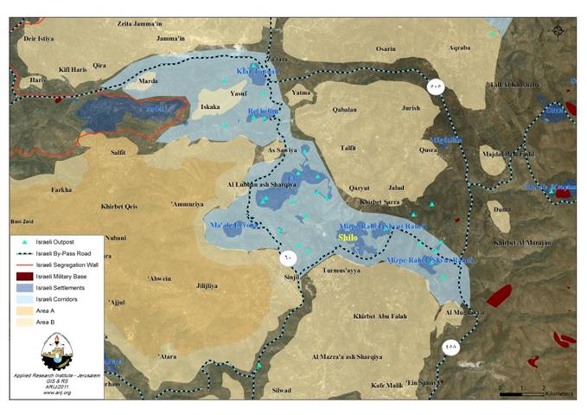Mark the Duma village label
tap(501, 209)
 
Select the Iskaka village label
tap(211, 108)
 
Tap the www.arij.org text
tap(54, 393)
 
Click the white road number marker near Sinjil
tap(287, 257)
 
